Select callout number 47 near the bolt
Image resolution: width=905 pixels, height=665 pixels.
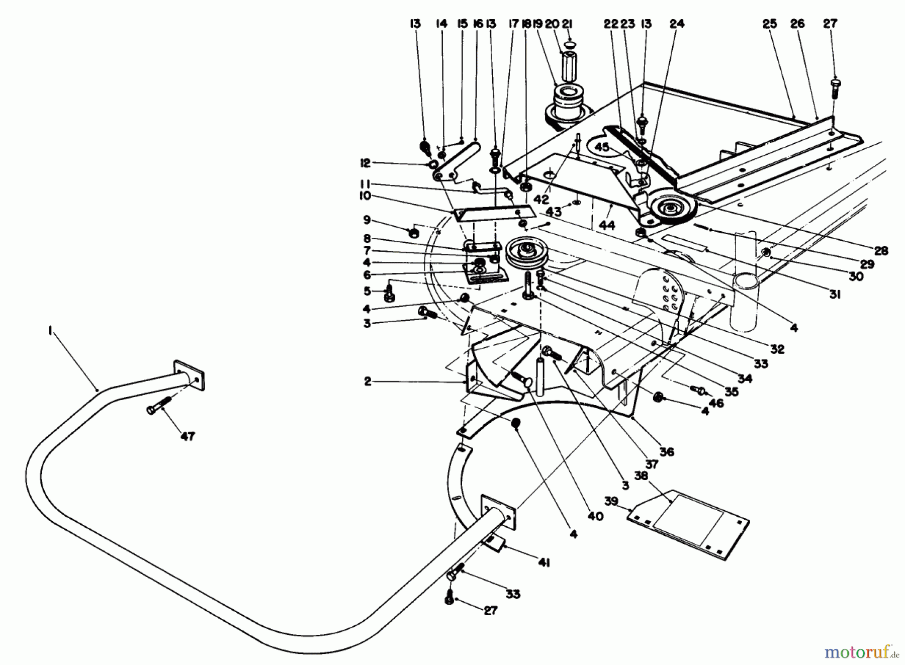click(188, 437)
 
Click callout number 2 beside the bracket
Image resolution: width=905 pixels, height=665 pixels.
click(368, 382)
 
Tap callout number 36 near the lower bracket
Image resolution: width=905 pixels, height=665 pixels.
click(667, 452)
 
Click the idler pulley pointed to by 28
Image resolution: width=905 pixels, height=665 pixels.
click(670, 207)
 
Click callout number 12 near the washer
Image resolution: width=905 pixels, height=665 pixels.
click(365, 163)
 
